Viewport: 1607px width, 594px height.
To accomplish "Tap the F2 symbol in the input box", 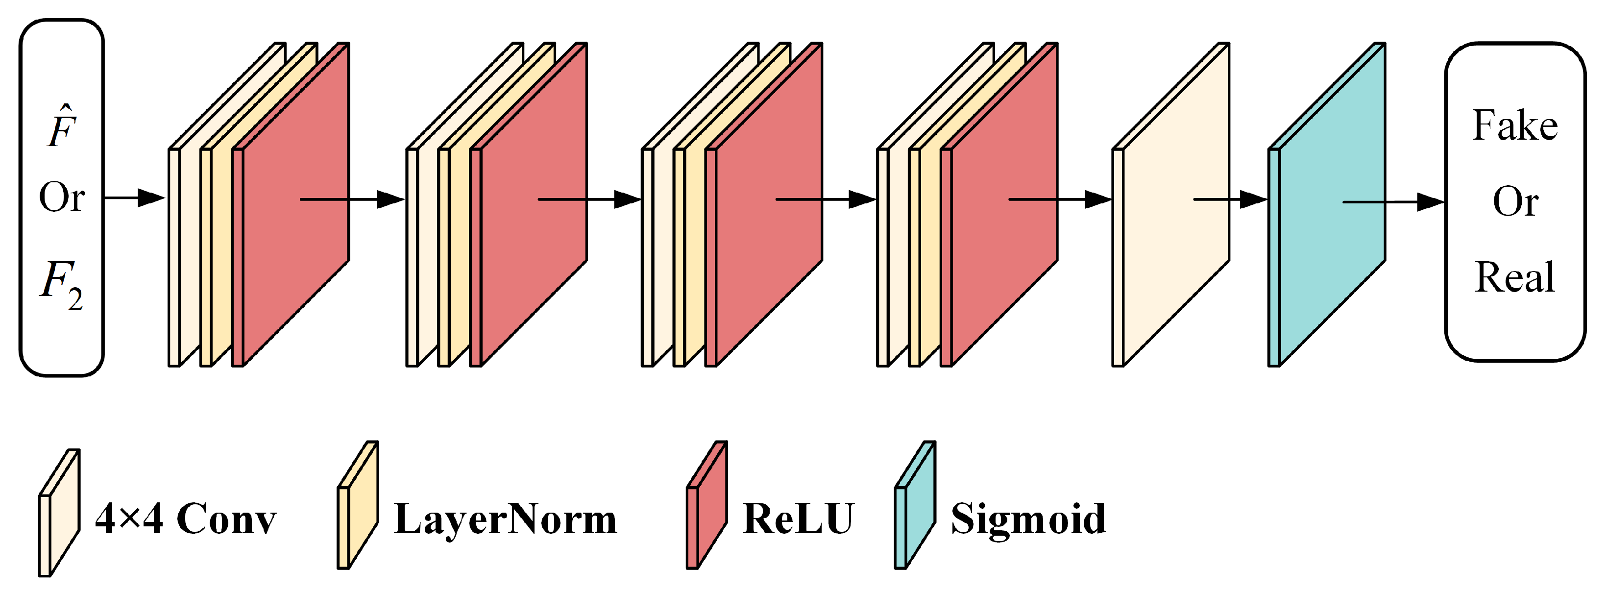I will pos(61,284).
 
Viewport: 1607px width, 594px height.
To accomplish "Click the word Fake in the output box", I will pos(1515,126).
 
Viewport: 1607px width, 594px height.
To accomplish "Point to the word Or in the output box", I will pos(1515,201).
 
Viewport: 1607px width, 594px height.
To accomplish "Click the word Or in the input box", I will pos(62,198).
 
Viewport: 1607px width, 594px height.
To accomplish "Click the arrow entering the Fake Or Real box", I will pos(1394,202).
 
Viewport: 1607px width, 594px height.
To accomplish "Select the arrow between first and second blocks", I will pos(352,199).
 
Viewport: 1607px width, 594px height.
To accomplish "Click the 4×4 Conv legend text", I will pos(185,519).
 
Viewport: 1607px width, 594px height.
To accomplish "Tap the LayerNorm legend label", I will pos(505,519).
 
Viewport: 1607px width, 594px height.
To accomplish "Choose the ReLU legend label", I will pos(798,519).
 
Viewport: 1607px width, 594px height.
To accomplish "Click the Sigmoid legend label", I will pos(1028,519).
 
